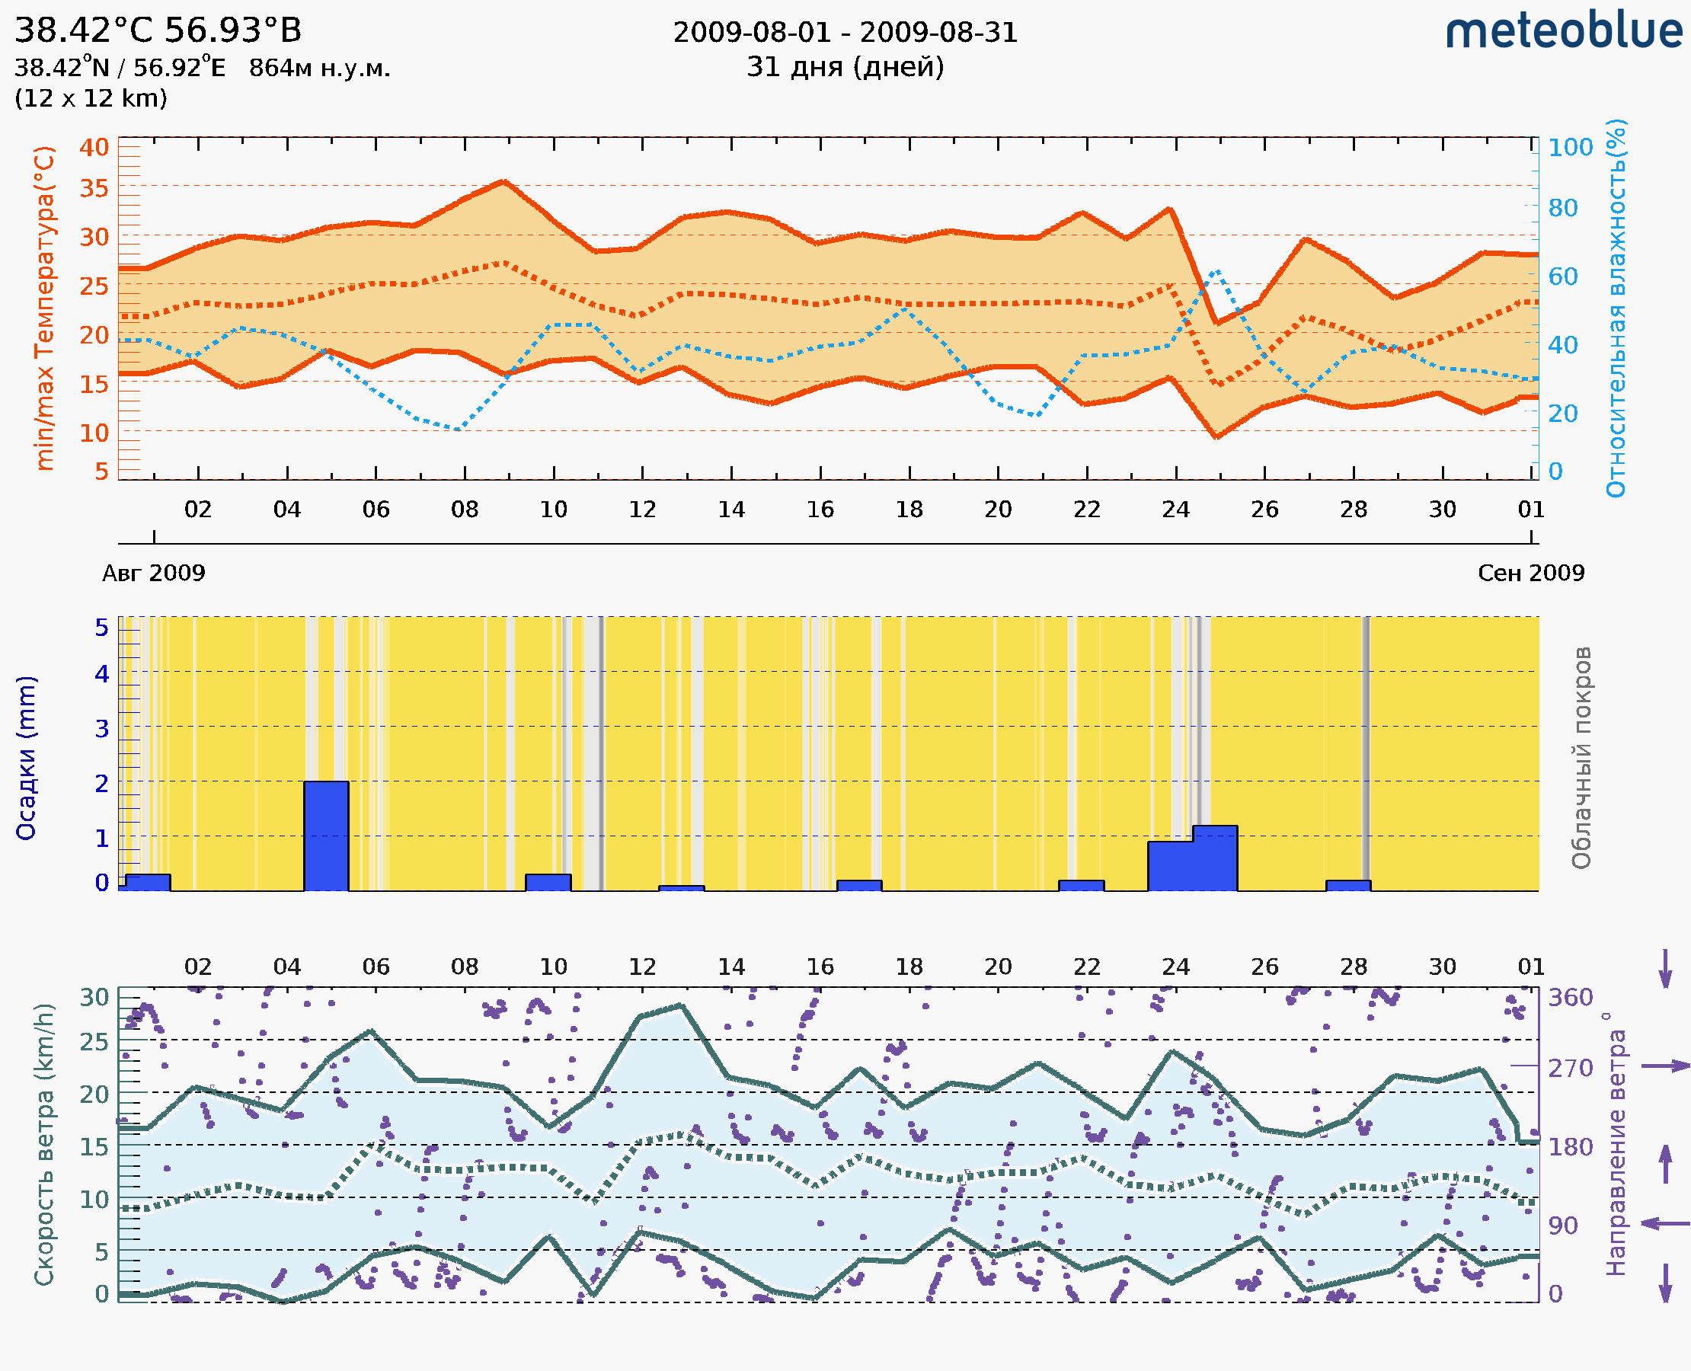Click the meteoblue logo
click(x=1564, y=31)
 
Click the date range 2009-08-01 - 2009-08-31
click(x=845, y=33)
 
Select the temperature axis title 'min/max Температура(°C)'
click(x=45, y=308)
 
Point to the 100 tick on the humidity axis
click(x=1570, y=148)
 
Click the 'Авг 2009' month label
click(x=153, y=573)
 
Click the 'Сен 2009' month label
click(x=1531, y=573)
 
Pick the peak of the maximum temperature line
click(x=504, y=181)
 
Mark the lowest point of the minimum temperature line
click(x=1217, y=436)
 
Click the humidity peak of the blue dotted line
click(x=1217, y=271)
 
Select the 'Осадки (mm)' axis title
click(x=26, y=758)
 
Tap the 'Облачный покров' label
click(x=1581, y=758)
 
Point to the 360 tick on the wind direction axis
click(x=1570, y=998)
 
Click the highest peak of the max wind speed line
click(x=681, y=1005)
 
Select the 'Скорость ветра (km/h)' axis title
click(x=45, y=1145)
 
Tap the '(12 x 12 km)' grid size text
click(x=91, y=99)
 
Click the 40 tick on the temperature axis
click(x=94, y=148)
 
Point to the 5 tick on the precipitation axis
click(x=102, y=628)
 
